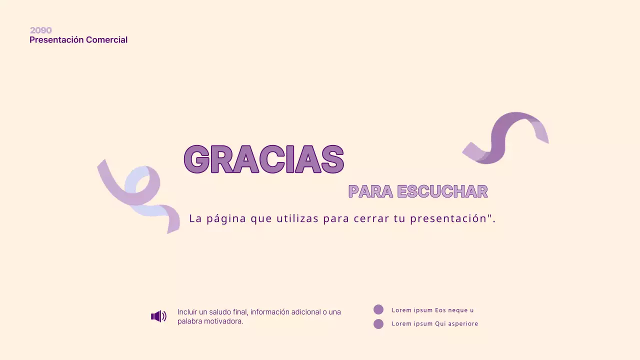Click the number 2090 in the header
[40, 30]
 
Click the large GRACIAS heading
[264, 159]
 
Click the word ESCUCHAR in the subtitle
[442, 191]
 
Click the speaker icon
[158, 316]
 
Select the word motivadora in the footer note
[222, 321]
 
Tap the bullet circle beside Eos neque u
[378, 310]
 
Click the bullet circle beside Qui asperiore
[378, 324]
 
